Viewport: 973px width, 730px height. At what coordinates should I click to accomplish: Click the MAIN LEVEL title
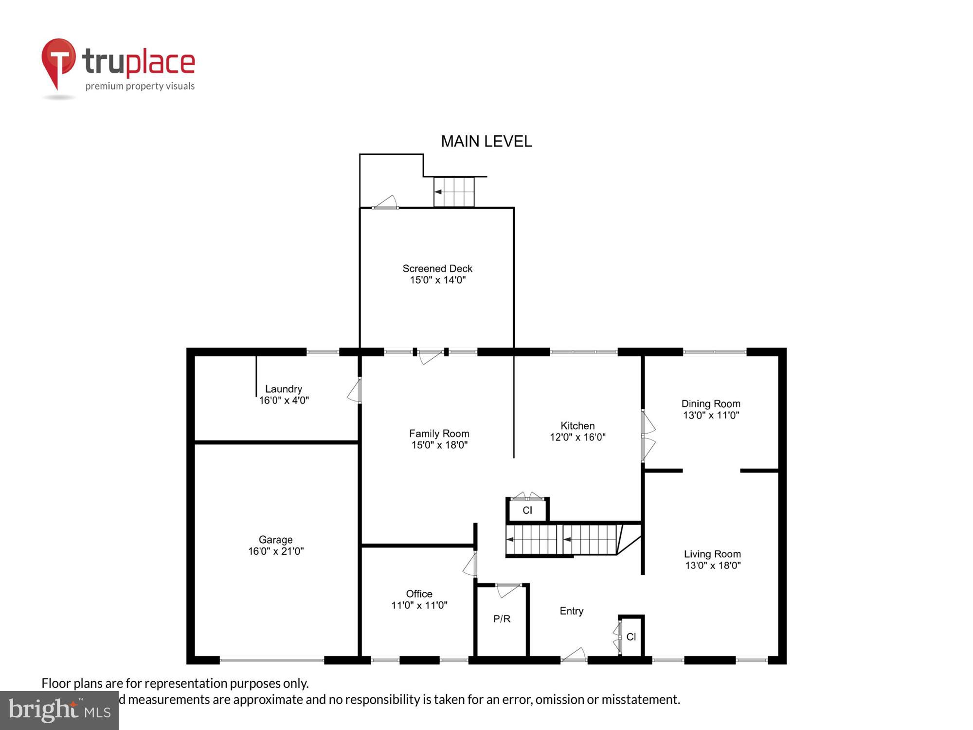point(486,142)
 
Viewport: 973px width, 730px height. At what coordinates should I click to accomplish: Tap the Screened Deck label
point(437,269)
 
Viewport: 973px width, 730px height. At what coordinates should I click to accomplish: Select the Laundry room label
point(284,389)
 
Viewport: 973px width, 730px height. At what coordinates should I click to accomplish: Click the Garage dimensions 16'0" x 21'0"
point(276,551)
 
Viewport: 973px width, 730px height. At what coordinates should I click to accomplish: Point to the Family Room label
point(439,433)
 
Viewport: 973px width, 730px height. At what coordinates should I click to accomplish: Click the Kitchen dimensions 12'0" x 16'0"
point(577,437)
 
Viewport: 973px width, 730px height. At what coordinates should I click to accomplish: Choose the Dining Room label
point(711,403)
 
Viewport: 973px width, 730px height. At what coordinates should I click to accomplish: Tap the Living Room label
point(712,554)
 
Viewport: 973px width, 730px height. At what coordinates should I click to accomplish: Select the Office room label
point(419,594)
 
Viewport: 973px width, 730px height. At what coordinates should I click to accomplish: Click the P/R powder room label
point(502,619)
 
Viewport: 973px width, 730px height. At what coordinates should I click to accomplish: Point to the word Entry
point(571,611)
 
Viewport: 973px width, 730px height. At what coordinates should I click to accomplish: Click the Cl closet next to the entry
point(631,637)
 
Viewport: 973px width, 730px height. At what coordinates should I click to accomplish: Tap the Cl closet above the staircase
point(527,510)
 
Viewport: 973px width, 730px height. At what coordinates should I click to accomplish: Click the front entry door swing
point(574,655)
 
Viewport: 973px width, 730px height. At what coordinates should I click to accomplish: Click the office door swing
point(470,565)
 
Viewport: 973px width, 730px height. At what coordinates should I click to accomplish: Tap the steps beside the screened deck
point(454,192)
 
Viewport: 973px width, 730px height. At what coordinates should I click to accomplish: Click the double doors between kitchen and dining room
point(648,436)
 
